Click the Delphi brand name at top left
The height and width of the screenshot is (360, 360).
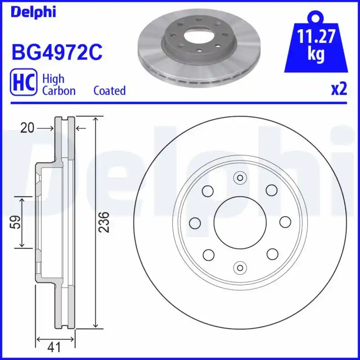point(33,12)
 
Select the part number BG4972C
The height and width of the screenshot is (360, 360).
point(57,53)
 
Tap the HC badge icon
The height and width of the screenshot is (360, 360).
point(23,82)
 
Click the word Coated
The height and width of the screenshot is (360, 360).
point(109,90)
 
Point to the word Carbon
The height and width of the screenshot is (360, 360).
point(59,90)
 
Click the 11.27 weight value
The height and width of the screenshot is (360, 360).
point(316,36)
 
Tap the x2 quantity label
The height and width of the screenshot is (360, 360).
point(339,89)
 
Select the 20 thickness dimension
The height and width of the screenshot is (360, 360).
point(27,128)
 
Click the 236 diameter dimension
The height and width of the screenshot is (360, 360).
point(104,222)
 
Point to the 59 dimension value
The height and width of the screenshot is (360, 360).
point(15,222)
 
